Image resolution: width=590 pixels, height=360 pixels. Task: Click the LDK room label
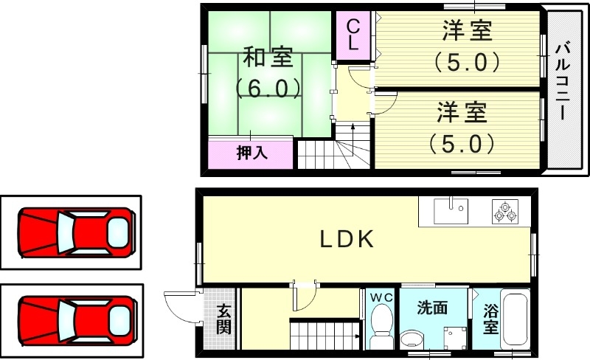point(348,238)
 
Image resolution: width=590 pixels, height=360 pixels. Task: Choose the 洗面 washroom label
point(431,308)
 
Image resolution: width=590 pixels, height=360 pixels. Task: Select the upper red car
point(77,232)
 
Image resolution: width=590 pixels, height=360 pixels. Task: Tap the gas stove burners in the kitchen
point(505,212)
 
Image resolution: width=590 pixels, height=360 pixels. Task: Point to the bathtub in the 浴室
point(516,323)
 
